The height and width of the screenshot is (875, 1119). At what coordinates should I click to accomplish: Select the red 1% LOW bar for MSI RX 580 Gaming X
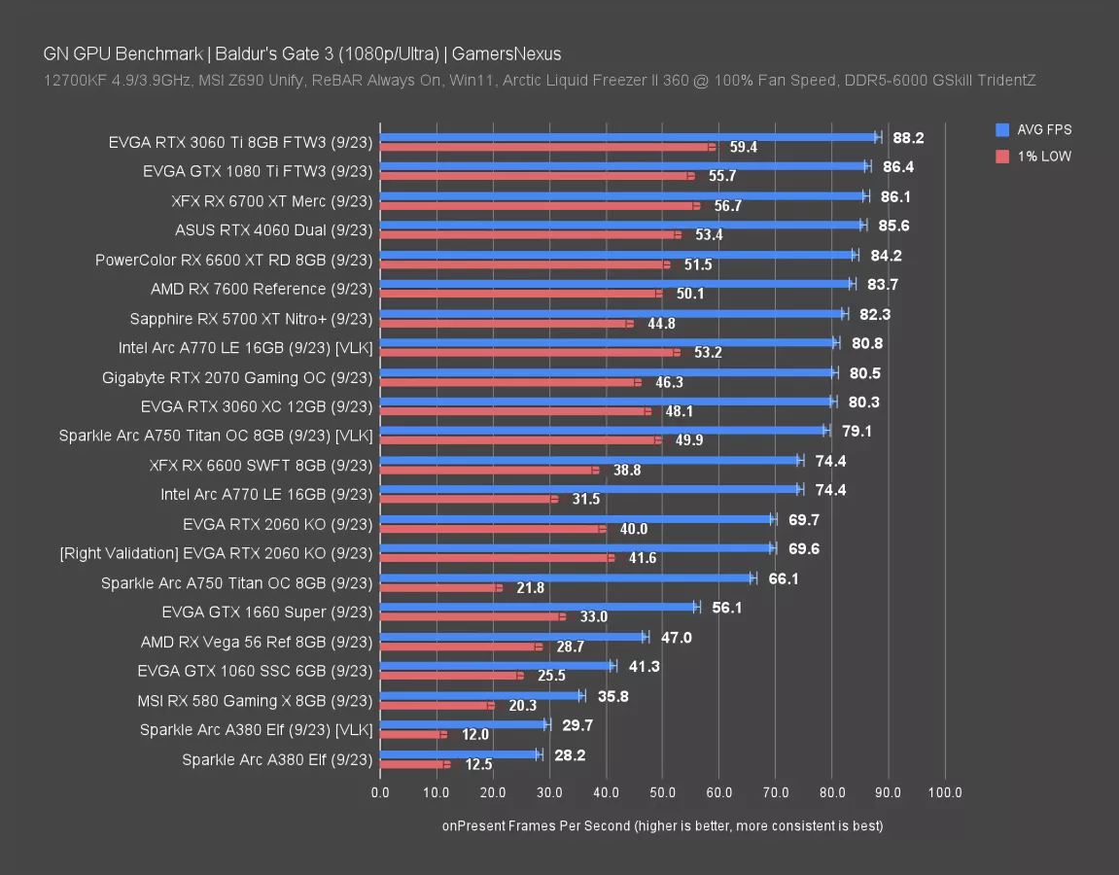point(437,706)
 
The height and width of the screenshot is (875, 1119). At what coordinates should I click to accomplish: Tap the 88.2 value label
point(908,138)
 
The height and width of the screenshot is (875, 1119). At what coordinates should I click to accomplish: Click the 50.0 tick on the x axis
point(662,792)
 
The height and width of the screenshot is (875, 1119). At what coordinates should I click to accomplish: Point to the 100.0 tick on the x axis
point(945,792)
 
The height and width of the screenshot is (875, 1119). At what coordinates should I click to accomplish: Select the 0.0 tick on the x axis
point(380,792)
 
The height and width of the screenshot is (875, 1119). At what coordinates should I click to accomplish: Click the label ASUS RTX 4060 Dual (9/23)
point(274,230)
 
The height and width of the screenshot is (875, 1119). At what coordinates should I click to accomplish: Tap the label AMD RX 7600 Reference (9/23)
point(262,289)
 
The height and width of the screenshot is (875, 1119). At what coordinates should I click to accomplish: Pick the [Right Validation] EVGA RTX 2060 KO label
point(216,553)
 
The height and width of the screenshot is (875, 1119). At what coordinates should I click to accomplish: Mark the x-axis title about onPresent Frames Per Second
point(662,825)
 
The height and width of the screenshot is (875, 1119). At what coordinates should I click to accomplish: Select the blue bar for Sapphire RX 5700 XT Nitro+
point(612,313)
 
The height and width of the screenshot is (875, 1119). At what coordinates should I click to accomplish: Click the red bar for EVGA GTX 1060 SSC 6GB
point(450,676)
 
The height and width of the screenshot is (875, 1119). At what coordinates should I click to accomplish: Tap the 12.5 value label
point(478,765)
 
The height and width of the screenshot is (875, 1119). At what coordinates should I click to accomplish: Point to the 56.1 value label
point(726,608)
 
